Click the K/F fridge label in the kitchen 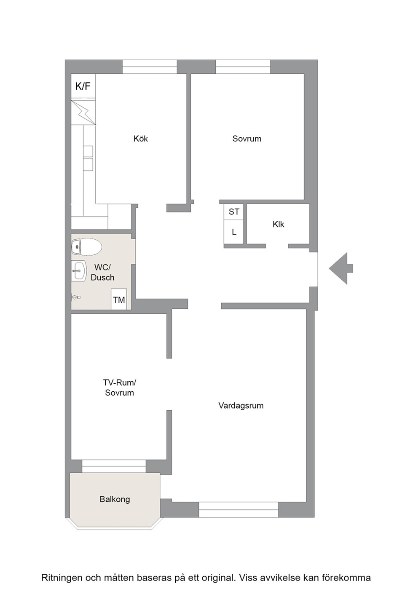point(83,86)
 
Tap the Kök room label point(141,139)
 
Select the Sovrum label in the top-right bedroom point(247,139)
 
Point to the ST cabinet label point(234,211)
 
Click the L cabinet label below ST point(234,232)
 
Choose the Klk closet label point(279,224)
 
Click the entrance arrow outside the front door point(341,268)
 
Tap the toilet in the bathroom point(86,247)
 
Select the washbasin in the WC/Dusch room point(79,271)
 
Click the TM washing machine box point(119,299)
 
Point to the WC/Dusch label point(102,273)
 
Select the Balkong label point(115,499)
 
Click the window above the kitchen point(149,67)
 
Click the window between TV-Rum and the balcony point(114,466)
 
